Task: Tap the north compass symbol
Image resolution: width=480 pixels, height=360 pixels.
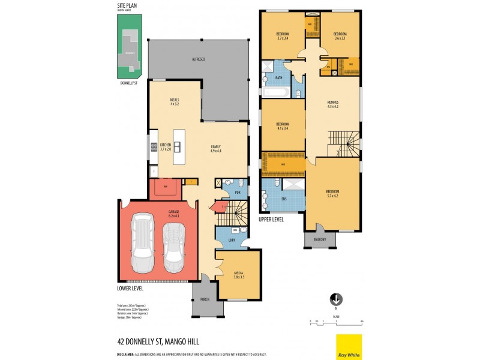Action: click(x=337, y=298)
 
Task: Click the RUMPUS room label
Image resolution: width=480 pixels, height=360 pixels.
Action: click(x=333, y=103)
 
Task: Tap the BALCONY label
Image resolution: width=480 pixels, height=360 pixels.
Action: click(x=319, y=239)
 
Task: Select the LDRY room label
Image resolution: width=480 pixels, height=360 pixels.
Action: click(x=232, y=241)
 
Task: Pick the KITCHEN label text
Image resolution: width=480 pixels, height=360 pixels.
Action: click(x=166, y=145)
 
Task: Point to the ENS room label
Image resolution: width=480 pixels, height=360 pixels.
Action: click(x=283, y=199)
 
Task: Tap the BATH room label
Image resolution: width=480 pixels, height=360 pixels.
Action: click(x=279, y=77)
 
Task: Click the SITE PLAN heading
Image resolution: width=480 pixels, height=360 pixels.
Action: click(x=127, y=6)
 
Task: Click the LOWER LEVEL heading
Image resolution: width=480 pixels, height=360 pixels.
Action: click(x=130, y=288)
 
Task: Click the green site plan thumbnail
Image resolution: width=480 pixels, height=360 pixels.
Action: click(x=129, y=47)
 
